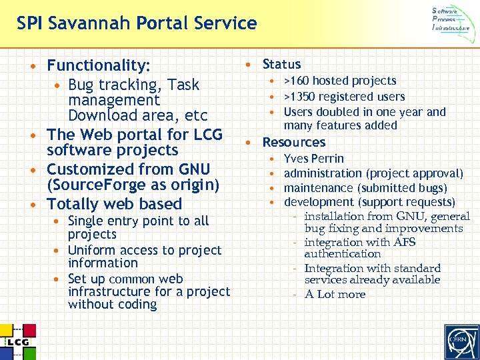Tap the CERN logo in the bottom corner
[457, 340]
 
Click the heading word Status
[281, 65]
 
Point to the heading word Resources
[294, 143]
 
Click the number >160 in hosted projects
[297, 81]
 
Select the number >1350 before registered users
[300, 97]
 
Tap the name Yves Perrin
[314, 159]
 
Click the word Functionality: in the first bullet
[99, 65]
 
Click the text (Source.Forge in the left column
[93, 185]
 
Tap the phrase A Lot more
[335, 295]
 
